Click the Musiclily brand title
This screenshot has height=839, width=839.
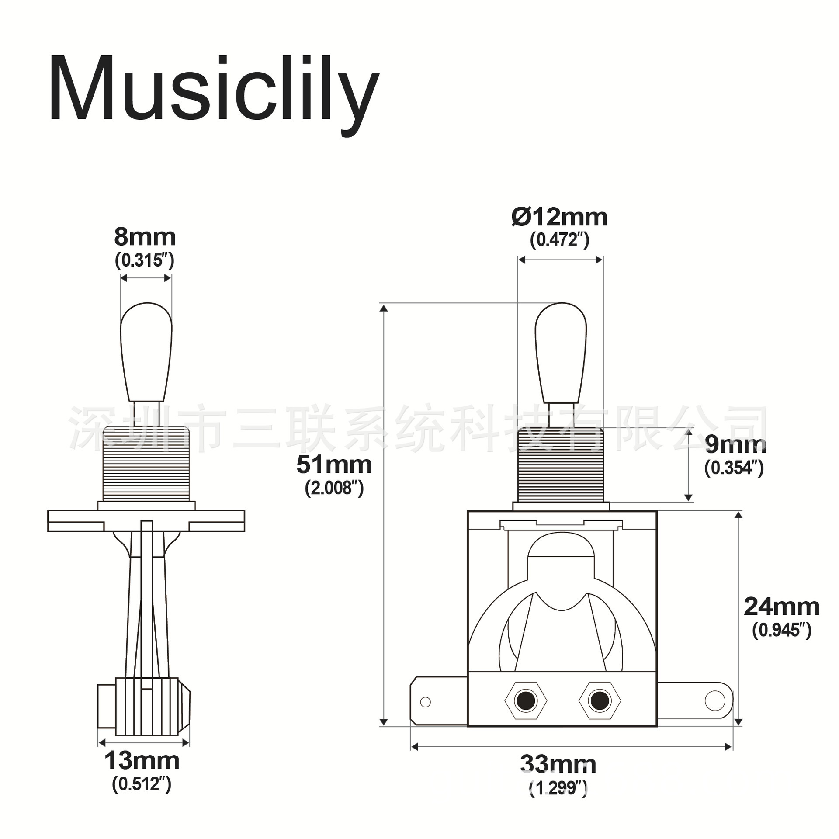(214, 90)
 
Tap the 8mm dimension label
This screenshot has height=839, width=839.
(145, 237)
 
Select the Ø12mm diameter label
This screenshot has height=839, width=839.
(559, 217)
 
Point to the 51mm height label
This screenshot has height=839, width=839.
(334, 465)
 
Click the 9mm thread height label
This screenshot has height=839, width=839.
(735, 444)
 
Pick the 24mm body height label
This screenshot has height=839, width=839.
(781, 607)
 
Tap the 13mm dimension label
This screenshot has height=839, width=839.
(142, 761)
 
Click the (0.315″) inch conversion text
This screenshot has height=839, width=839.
(145, 261)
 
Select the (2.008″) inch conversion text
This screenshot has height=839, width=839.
(334, 488)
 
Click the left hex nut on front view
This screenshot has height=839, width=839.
(525, 700)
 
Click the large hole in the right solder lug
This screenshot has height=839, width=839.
(714, 700)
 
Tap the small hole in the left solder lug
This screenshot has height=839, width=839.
(425, 702)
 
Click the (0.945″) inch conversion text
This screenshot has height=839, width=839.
(781, 630)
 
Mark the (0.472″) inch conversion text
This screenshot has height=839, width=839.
(559, 240)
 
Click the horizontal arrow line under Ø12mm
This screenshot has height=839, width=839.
(560, 260)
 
